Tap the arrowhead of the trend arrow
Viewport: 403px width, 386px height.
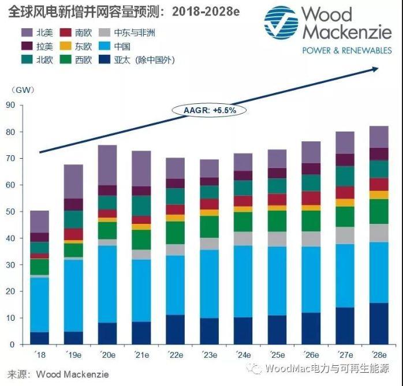point(375,68)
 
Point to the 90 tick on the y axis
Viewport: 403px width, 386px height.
point(10,105)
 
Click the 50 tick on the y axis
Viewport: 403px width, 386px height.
point(10,212)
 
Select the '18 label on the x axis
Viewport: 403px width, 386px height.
point(39,354)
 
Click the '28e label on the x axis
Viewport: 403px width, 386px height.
point(379,354)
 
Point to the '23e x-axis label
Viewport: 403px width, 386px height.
point(209,354)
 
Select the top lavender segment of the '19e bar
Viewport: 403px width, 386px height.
point(73,182)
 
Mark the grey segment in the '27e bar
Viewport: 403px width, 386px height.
point(345,235)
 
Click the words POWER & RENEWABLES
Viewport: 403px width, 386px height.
point(347,50)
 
